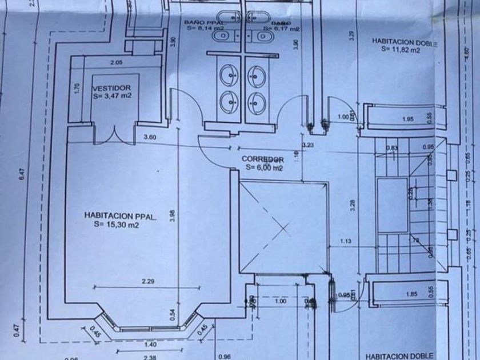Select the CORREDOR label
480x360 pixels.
(x=263, y=159)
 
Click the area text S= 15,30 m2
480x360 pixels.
(x=117, y=225)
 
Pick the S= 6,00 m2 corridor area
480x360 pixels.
(x=263, y=168)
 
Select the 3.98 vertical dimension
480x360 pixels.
(x=173, y=215)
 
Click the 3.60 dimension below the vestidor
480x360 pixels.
(x=150, y=137)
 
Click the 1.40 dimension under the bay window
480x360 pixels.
(x=150, y=344)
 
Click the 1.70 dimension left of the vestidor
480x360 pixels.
(x=77, y=89)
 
